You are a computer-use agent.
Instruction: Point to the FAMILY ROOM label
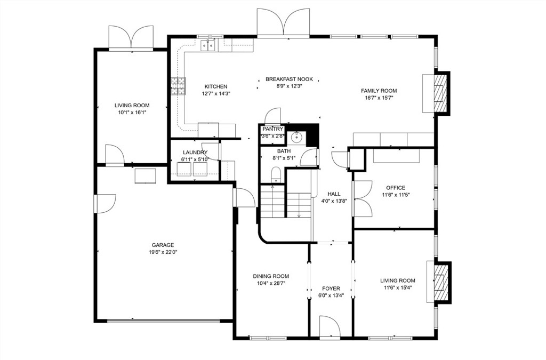pos(379,91)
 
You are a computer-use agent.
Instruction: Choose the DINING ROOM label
pos(271,276)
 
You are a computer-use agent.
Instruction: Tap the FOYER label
pos(331,289)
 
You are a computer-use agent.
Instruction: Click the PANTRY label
pos(272,129)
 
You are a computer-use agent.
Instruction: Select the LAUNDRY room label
pos(194,153)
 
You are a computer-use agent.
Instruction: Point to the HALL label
pos(334,194)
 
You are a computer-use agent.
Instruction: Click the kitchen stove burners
pos(178,85)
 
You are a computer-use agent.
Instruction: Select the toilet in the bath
pos(276,174)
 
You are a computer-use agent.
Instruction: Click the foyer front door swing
pos(327,325)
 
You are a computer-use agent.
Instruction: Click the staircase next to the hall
pos(285,203)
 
